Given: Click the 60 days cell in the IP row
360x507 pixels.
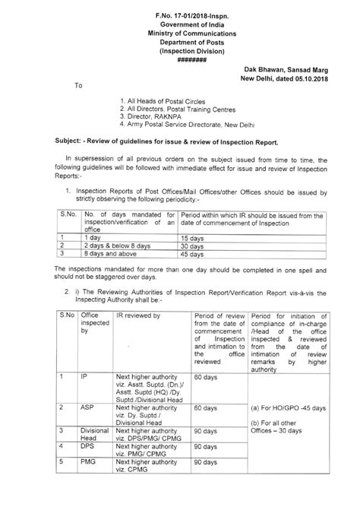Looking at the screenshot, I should [207, 375].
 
